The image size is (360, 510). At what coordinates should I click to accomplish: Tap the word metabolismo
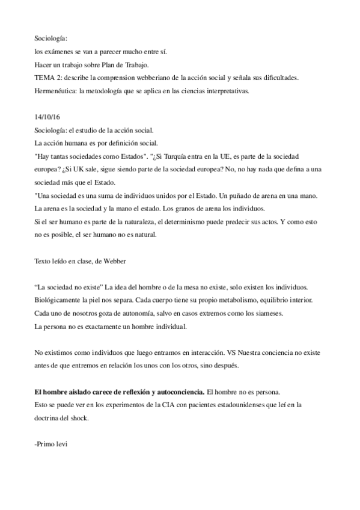219,300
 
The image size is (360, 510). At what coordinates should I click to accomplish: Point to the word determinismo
198,222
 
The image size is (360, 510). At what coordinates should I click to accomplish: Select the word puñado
242,195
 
